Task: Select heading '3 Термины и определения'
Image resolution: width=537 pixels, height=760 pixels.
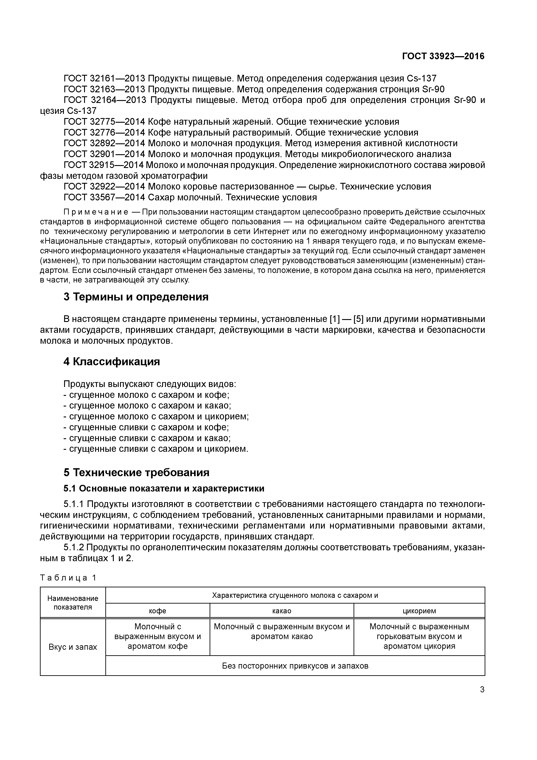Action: [x=136, y=297]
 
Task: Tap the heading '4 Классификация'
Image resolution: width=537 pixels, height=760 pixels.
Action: [x=112, y=361]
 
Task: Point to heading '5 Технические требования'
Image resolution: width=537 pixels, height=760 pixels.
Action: [x=136, y=472]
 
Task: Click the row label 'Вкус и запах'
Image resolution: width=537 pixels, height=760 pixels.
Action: [x=73, y=647]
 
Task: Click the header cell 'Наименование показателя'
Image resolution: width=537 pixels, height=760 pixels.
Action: [x=73, y=603]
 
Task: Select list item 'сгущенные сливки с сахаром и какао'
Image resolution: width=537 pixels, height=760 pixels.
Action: [x=149, y=438]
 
